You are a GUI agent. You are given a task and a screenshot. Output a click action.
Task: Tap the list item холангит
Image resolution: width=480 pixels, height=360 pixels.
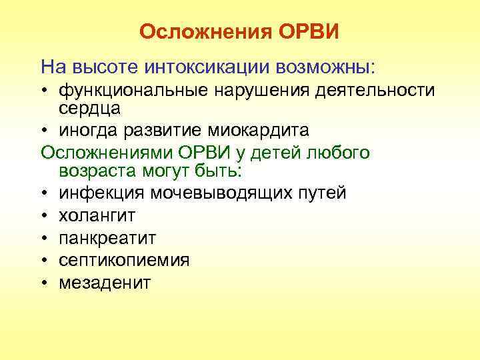[x=97, y=215]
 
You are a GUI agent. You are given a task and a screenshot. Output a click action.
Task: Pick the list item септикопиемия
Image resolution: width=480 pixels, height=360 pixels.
[x=124, y=260]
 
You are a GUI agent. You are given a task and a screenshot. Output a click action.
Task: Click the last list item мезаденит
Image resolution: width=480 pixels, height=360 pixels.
[x=105, y=282]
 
